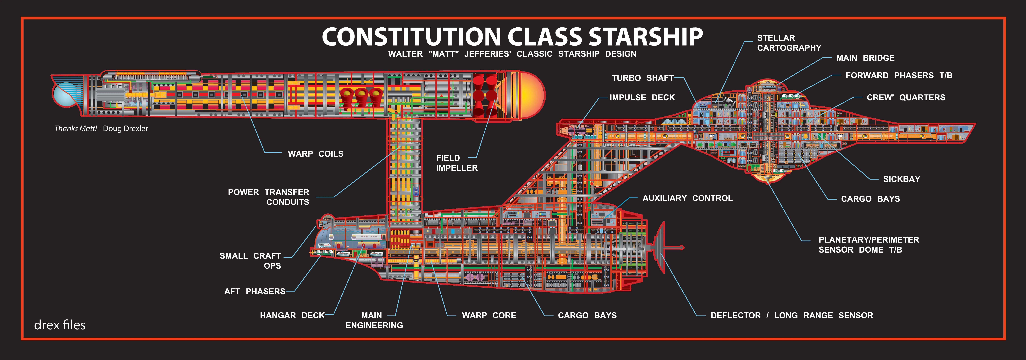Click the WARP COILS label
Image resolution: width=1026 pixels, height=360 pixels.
[x=315, y=154]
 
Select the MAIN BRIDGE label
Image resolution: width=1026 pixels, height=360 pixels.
[x=865, y=58]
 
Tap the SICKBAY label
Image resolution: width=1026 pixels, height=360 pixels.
[x=901, y=179]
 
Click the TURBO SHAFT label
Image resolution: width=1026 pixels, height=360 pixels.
[x=643, y=78]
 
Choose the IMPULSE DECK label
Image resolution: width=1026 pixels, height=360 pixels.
[x=642, y=98]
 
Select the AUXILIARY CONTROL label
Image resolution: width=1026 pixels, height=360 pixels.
[x=687, y=198]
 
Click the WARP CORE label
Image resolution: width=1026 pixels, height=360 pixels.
[x=489, y=315]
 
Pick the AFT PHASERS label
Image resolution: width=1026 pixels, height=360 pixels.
[x=255, y=292]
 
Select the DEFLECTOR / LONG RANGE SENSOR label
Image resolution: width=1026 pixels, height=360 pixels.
[x=792, y=315]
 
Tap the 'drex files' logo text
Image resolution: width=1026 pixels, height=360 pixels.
[x=60, y=325]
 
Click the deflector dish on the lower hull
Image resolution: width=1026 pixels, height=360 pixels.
[x=660, y=247]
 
